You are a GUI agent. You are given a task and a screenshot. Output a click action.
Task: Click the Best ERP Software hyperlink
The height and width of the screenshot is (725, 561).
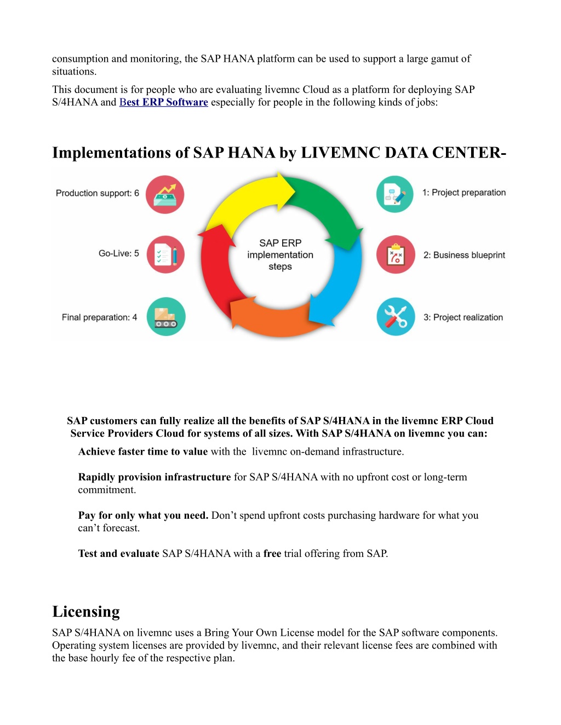coord(164,102)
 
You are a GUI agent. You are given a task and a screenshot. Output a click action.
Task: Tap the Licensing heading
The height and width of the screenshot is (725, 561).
coord(86,612)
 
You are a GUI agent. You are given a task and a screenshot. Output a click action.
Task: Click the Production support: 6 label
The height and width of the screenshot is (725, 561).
coord(97,193)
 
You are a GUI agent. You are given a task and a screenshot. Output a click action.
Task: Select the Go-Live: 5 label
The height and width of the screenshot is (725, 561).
coord(118,253)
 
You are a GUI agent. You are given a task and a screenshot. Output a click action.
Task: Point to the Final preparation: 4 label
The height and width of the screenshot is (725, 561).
coord(99,317)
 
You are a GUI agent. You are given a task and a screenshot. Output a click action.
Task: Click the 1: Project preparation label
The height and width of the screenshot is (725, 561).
coord(464,193)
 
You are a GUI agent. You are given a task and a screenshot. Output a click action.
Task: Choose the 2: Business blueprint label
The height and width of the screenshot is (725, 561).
coord(464,255)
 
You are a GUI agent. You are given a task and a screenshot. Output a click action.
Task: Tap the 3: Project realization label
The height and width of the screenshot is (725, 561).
coord(463,317)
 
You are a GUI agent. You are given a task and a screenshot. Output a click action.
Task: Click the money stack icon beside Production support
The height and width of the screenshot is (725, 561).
coord(165,194)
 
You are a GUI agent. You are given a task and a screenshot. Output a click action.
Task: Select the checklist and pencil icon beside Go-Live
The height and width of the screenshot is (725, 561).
coord(165,254)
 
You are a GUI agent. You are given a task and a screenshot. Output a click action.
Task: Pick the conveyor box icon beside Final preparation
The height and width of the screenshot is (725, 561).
coord(166,317)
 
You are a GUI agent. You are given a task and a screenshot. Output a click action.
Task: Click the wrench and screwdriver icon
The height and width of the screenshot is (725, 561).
coord(396,317)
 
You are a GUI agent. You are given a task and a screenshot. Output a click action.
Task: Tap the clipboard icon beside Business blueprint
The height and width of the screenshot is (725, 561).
coord(396,254)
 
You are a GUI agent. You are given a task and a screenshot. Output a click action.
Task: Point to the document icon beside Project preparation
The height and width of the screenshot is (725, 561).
coord(394,194)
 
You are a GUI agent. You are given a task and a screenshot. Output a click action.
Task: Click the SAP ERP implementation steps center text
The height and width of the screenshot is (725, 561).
coord(280,254)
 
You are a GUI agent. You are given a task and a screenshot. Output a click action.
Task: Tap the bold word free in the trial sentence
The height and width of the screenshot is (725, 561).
coord(272,553)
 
